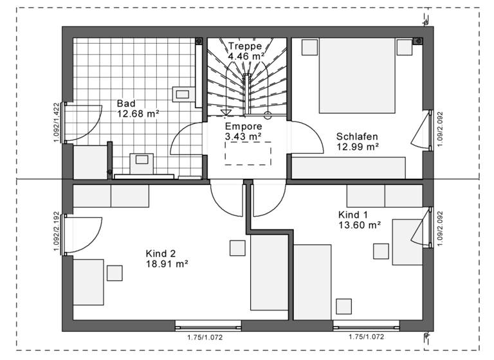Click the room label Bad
(x=126, y=103)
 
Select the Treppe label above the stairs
(x=244, y=46)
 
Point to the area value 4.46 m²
(x=247, y=56)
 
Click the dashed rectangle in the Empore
(x=248, y=153)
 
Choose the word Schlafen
(x=357, y=136)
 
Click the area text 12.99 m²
(x=358, y=147)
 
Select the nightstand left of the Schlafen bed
(x=309, y=47)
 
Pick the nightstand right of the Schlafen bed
(x=404, y=48)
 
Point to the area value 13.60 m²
(x=360, y=225)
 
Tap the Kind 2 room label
(x=161, y=253)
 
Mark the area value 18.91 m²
(x=167, y=264)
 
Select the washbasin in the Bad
(x=142, y=160)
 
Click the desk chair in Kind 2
(x=114, y=273)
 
